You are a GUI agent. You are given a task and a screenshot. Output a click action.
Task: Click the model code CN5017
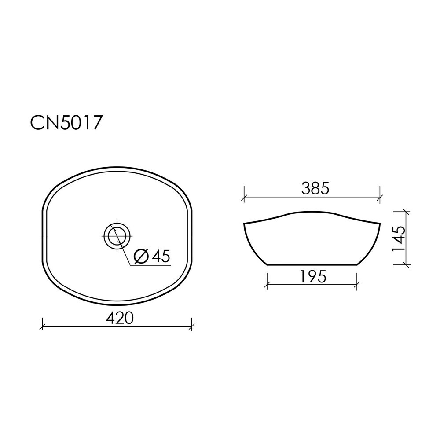(65, 123)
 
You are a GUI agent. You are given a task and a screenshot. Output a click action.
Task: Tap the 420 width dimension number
(120, 318)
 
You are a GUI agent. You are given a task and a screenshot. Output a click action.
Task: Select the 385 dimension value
(315, 188)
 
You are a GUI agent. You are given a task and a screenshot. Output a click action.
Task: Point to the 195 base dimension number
(313, 277)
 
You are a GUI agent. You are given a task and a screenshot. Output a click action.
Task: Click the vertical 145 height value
(399, 239)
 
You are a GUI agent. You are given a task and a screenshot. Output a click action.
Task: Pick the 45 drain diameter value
(161, 256)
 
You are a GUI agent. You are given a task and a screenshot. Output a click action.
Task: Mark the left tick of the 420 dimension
(42, 326)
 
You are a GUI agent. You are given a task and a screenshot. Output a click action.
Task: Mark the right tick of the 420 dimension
(192, 326)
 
